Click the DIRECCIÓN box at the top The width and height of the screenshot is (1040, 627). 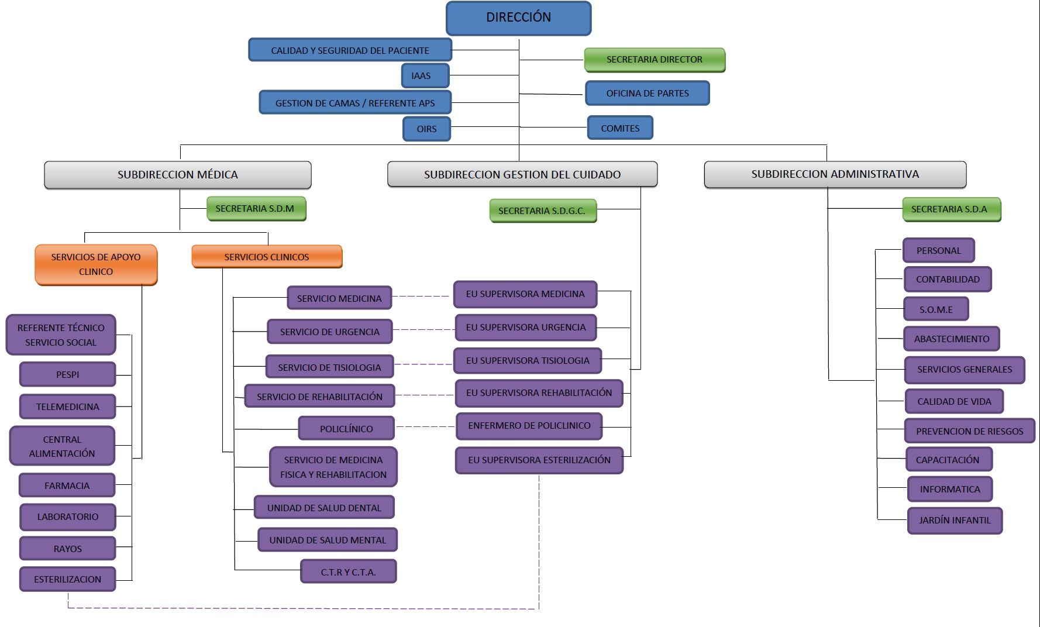518,18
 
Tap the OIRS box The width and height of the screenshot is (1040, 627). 426,129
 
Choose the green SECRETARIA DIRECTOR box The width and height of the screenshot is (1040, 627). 654,60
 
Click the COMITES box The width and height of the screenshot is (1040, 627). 619,128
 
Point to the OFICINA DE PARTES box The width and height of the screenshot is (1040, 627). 647,94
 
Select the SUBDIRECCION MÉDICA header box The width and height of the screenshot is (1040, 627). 177,175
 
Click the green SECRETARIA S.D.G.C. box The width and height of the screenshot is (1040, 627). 542,211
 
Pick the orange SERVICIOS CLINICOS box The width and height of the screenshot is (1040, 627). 267,257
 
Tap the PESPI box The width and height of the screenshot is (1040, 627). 67,374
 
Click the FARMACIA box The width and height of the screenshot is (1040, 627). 67,485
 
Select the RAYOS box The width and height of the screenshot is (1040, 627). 67,549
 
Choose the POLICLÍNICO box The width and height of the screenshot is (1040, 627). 346,429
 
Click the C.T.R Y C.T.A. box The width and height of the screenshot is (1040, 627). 348,572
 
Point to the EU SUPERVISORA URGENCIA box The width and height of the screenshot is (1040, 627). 525,328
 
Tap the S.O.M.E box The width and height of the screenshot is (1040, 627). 936,309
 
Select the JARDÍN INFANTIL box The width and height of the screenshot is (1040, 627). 955,521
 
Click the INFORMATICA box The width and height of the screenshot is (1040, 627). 949,490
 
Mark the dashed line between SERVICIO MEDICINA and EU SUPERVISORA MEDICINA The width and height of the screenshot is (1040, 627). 422,297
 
